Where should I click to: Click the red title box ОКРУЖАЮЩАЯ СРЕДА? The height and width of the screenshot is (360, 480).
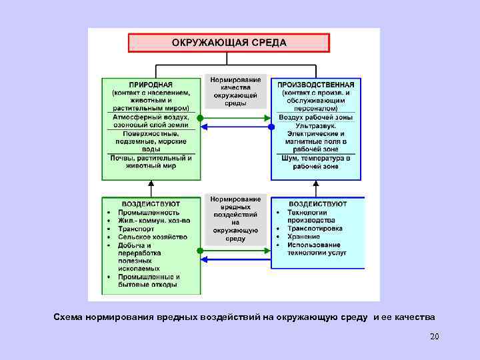pos(229,43)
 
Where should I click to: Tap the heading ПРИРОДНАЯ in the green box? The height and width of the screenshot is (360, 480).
pos(150,85)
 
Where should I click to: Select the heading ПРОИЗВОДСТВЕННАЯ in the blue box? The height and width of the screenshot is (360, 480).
pos(315,85)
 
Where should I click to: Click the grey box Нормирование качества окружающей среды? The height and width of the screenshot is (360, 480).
pos(235,91)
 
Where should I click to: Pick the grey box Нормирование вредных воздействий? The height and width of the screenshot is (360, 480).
pos(235,218)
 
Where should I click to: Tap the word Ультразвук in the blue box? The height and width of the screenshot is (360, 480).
pos(316,125)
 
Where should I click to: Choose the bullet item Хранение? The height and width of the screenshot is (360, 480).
pos(303,237)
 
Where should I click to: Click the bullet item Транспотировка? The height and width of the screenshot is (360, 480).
pos(315,229)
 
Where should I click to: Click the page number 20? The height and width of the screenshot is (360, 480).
pos(435,337)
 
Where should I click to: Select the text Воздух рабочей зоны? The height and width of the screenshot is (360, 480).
pos(316,117)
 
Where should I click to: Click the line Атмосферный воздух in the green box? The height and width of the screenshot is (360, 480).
pos(151,117)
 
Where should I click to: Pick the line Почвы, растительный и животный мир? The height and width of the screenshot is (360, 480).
pos(151,162)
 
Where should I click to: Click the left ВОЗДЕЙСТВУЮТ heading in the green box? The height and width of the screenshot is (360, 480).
pos(151,203)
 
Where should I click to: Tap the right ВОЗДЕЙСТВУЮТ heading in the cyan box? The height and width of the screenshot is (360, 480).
pos(317,203)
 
